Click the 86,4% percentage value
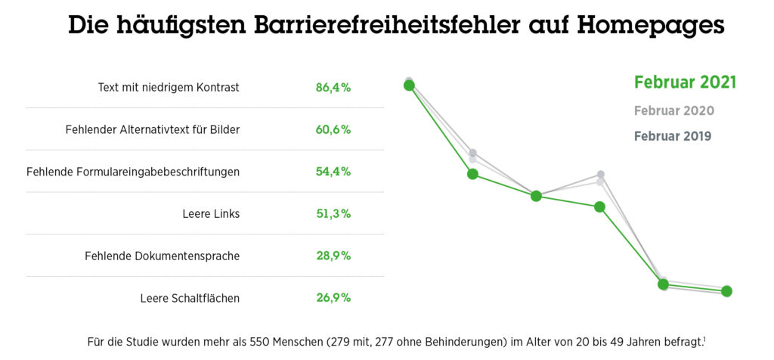pyautogui.click(x=333, y=87)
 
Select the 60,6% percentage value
pyautogui.click(x=333, y=129)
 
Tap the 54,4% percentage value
pyautogui.click(x=333, y=172)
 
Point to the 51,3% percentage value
pyautogui.click(x=333, y=214)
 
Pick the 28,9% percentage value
pyautogui.click(x=333, y=256)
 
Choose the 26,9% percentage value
pyautogui.click(x=333, y=298)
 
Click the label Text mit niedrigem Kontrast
pyautogui.click(x=169, y=87)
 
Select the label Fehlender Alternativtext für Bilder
pyautogui.click(x=153, y=129)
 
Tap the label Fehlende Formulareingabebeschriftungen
pyautogui.click(x=133, y=172)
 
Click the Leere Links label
pyautogui.click(x=211, y=214)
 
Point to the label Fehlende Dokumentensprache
pyautogui.click(x=162, y=256)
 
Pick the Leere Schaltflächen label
pyautogui.click(x=190, y=298)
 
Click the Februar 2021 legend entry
pyautogui.click(x=685, y=82)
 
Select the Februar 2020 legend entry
pyautogui.click(x=674, y=110)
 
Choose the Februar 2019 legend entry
pyautogui.click(x=673, y=137)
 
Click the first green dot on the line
pyautogui.click(x=409, y=85)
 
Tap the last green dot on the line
pyautogui.click(x=727, y=291)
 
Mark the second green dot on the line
pyautogui.click(x=472, y=174)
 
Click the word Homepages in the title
pyautogui.click(x=651, y=26)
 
